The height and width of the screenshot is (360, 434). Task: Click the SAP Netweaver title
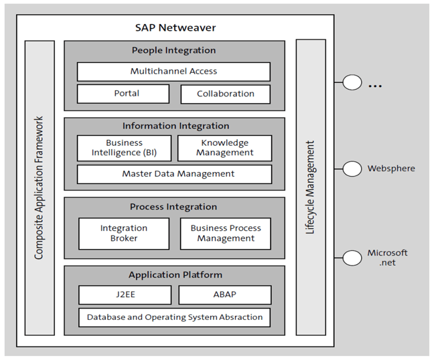175,27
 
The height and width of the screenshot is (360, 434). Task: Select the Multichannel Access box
173,72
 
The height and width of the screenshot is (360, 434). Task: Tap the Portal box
123,94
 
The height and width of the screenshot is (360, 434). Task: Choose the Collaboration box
226,94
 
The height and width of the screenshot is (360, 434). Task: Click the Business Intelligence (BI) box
124,148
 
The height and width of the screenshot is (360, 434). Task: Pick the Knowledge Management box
224,148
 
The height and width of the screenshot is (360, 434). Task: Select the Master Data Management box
174,174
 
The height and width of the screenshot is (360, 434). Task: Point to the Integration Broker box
124,234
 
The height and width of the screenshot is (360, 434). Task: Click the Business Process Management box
226,234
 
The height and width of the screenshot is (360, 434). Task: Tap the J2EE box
124,294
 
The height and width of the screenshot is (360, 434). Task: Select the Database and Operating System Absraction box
174,317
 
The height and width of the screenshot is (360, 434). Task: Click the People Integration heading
174,50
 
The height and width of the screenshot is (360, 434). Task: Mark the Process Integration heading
173,207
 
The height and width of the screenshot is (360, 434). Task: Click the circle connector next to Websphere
352,169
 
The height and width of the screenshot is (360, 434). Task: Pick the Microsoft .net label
387,258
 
